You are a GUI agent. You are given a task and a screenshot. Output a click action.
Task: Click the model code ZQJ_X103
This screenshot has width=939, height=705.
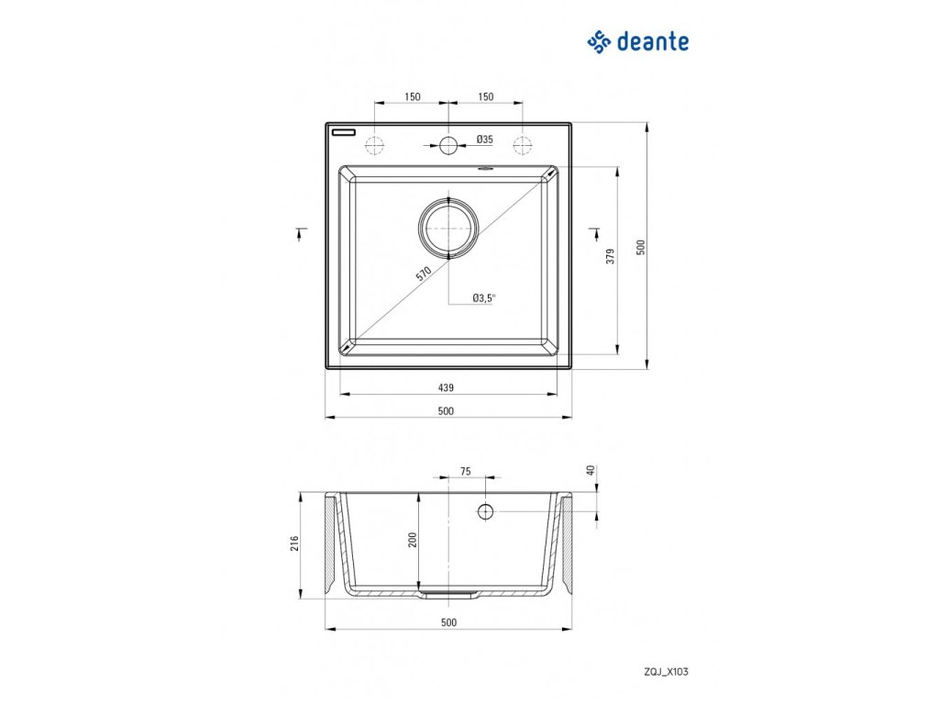(x=667, y=672)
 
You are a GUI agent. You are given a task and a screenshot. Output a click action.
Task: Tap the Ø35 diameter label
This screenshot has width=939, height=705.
(x=485, y=140)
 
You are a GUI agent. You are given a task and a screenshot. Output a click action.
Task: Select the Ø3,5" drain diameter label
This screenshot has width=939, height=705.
(x=483, y=297)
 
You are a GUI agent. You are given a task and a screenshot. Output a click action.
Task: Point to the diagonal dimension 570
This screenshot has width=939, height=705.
(x=423, y=274)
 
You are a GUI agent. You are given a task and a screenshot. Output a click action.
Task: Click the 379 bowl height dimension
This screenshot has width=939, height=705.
(x=610, y=257)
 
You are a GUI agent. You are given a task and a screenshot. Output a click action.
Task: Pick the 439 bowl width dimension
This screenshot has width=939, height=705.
(x=447, y=387)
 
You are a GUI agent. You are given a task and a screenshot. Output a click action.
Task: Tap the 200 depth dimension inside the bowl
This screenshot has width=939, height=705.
(x=413, y=542)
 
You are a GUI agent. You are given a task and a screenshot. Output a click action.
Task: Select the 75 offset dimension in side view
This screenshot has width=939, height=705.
(x=465, y=471)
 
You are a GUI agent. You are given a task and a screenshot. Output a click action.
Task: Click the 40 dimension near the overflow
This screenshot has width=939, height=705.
(x=591, y=470)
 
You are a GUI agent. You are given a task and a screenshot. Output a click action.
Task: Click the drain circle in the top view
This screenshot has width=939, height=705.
(x=447, y=226)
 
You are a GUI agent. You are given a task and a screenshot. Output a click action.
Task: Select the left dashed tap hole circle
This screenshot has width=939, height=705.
(x=374, y=144)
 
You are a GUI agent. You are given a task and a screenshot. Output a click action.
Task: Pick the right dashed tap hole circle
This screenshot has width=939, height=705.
(x=523, y=144)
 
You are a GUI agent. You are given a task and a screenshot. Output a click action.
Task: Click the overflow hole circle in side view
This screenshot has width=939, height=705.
(x=485, y=510)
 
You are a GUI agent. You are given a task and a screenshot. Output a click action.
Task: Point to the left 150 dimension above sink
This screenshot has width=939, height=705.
(x=412, y=96)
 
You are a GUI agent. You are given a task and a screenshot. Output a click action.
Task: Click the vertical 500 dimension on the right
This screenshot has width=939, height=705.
(x=642, y=246)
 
